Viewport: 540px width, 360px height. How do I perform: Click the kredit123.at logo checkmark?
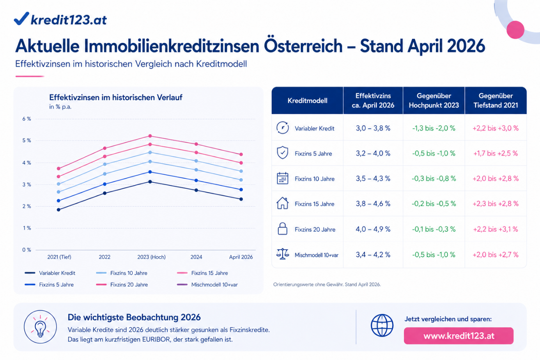21,18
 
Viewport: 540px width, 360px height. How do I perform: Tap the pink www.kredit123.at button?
459,336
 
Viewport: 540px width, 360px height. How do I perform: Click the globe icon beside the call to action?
382,325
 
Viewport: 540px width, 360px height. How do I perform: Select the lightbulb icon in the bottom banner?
40,327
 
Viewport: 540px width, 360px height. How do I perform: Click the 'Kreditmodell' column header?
307,101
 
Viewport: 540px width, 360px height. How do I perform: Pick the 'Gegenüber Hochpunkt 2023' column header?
434,101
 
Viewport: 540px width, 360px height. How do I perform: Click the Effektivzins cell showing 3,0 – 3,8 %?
373,128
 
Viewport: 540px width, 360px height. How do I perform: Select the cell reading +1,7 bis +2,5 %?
495,153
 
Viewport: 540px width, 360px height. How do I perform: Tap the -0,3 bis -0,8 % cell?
434,179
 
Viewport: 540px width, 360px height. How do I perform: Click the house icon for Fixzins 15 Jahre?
282,204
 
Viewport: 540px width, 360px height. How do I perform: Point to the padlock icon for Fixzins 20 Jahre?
282,229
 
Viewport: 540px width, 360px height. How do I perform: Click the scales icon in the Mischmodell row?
282,254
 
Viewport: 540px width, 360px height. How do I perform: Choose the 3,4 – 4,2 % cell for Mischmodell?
373,255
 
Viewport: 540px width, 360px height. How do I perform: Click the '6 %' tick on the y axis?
27,119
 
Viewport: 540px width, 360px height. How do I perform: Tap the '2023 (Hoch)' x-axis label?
151,257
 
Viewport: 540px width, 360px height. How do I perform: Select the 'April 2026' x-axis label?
241,257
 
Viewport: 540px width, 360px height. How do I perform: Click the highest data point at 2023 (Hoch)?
150,136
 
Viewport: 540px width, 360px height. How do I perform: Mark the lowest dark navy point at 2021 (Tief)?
58,210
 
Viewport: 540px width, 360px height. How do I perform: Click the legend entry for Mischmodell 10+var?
214,285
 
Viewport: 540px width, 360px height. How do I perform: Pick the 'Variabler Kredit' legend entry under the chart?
57,273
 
